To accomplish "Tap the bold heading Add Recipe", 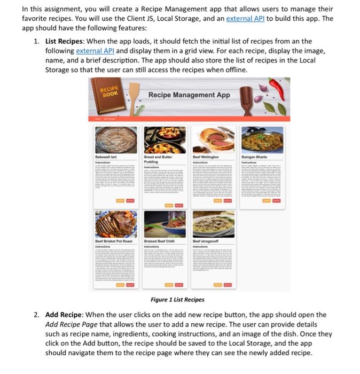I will point(63,315).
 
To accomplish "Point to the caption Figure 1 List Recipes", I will point(177,300).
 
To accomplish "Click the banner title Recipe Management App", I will point(189,95).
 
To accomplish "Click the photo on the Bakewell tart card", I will point(116,140).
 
